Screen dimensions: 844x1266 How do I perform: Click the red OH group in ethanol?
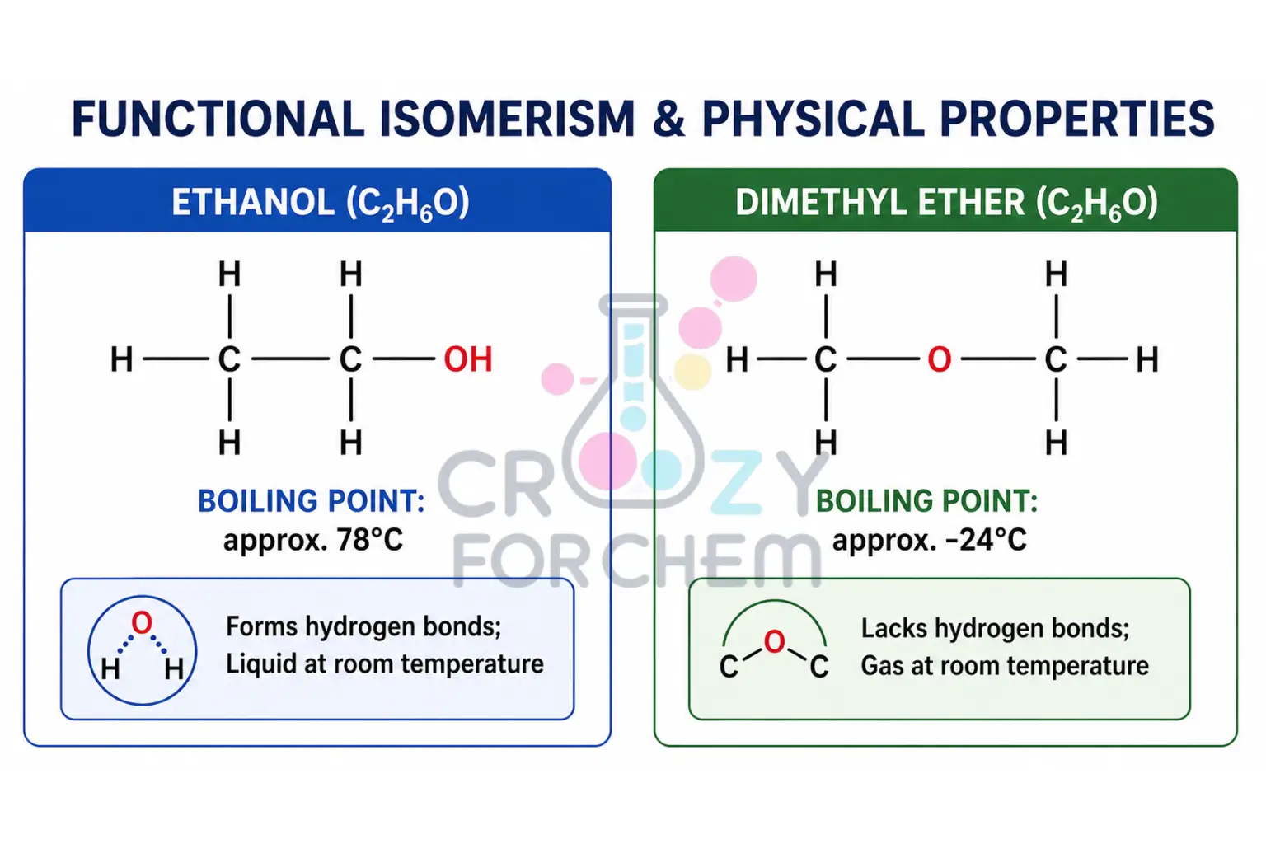(x=467, y=359)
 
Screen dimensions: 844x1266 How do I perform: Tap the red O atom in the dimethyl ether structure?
(x=939, y=359)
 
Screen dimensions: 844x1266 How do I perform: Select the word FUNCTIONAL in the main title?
(x=218, y=120)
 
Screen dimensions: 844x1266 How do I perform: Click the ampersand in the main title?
(x=668, y=120)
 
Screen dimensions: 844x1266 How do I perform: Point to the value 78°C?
(x=370, y=540)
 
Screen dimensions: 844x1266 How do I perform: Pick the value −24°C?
(x=986, y=540)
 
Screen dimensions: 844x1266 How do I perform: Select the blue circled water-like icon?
(x=142, y=650)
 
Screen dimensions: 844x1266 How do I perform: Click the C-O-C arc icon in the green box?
(x=774, y=648)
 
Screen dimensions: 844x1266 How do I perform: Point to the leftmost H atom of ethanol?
(x=122, y=359)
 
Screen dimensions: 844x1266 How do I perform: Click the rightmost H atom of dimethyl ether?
(x=1146, y=359)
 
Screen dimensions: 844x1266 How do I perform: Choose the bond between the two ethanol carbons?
(x=290, y=359)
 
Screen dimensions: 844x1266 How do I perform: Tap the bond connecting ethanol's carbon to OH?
(x=403, y=359)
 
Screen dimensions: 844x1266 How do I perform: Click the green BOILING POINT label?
(x=926, y=501)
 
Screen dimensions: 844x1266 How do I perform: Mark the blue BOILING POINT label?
(x=312, y=501)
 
